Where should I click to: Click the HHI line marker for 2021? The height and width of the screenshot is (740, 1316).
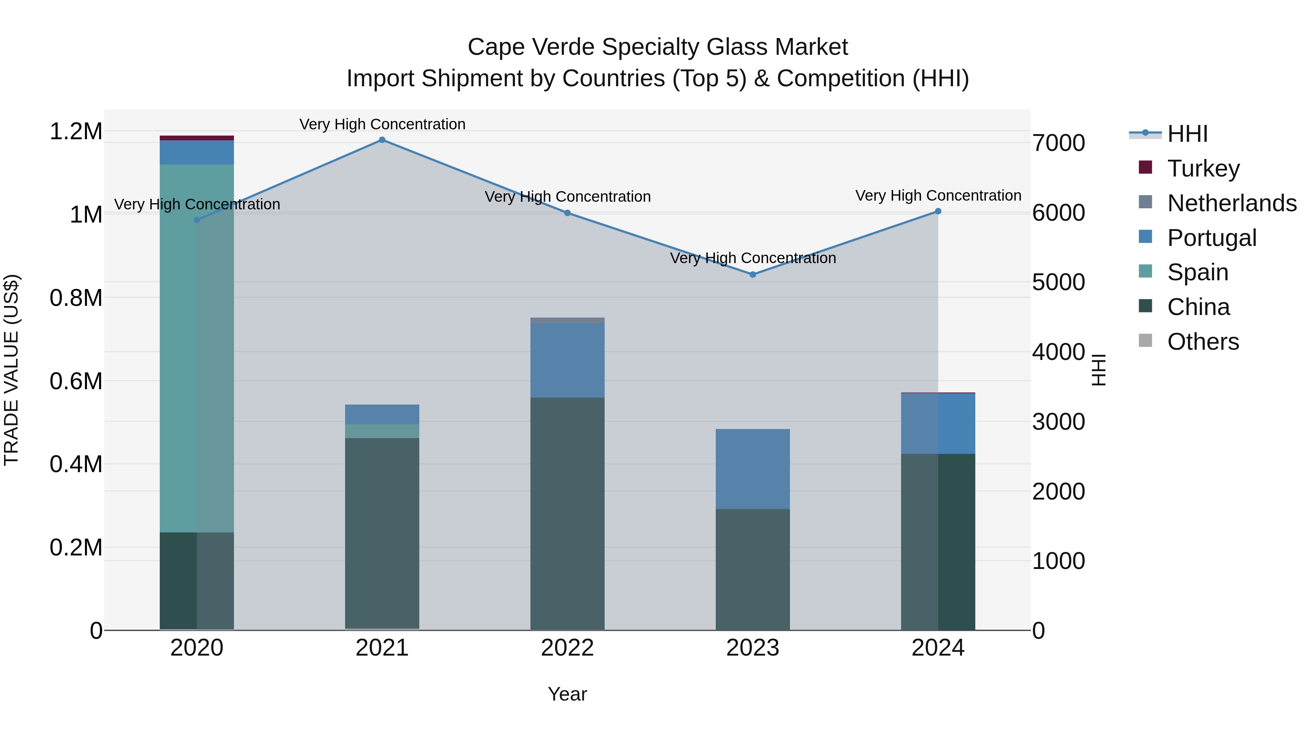382,140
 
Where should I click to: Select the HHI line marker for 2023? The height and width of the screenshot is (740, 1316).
753,274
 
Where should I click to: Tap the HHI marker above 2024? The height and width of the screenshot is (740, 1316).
938,212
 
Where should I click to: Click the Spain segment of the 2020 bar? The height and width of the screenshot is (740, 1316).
197,347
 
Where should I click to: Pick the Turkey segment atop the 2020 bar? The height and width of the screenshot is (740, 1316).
197,138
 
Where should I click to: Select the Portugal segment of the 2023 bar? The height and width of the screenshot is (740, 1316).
753,469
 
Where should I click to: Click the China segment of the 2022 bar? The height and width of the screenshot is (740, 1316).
567,513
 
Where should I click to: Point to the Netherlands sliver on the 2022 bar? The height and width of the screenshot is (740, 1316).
567,320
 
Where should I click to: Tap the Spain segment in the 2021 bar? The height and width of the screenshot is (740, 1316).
382,431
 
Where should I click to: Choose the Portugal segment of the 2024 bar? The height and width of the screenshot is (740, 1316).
938,424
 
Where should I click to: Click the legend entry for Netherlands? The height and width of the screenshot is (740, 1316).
1231,203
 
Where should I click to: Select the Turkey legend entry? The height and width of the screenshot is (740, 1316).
1203,168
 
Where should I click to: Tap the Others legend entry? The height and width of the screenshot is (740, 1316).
1203,342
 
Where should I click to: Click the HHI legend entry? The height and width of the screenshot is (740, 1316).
1187,134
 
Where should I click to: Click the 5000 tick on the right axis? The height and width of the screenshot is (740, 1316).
1059,282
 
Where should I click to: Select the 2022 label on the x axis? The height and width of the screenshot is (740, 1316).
567,648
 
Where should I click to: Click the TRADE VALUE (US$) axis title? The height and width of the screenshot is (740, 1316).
11,370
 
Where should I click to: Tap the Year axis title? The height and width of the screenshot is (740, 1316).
567,694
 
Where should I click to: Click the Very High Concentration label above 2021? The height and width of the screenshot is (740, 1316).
382,124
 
